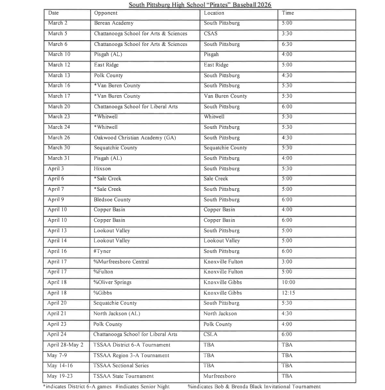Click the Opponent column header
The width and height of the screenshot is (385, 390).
tap(106, 13)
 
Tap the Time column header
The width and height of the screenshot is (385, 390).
tap(288, 13)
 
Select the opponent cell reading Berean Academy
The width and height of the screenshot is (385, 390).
tap(114, 23)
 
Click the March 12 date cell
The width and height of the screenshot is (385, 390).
tap(59, 65)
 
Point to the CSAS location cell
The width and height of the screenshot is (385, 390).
tap(211, 33)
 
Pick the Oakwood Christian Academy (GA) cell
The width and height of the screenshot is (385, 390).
tap(135, 138)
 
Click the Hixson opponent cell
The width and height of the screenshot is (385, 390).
tap(102, 169)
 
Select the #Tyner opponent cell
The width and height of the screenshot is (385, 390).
tap(102, 251)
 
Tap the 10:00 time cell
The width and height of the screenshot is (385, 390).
tap(288, 282)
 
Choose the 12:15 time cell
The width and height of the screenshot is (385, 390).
tap(288, 293)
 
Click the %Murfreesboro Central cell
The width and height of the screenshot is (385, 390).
tap(121, 262)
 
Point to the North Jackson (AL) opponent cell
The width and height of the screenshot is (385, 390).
tap(117, 313)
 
